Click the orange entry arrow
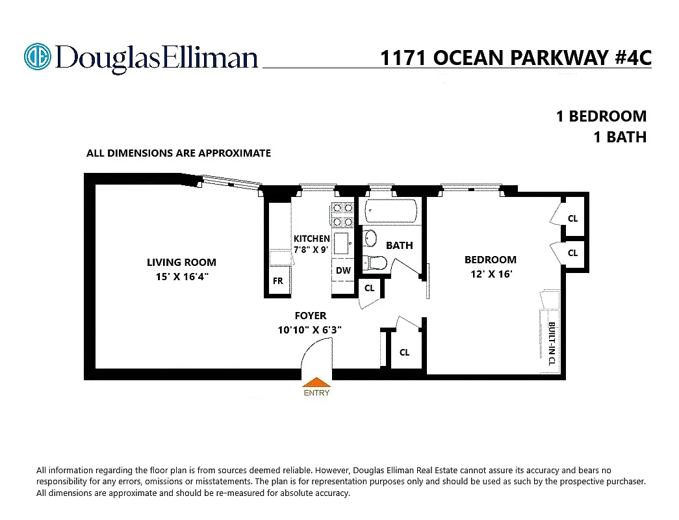click(316, 383)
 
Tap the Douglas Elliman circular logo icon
click(37, 57)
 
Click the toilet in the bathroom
click(375, 263)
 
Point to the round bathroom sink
click(369, 238)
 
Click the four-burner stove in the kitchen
click(342, 214)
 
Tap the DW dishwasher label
click(343, 270)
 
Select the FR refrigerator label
click(277, 281)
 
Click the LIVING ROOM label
click(181, 263)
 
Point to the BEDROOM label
click(491, 260)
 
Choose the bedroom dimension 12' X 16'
click(492, 274)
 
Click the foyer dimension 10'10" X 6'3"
click(310, 330)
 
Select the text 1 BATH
click(620, 137)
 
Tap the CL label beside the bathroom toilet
click(369, 288)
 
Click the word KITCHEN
click(312, 239)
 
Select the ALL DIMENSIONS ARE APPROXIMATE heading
click(179, 153)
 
